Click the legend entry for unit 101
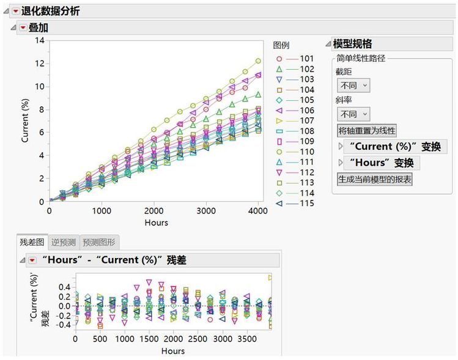(306, 58)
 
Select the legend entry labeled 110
(306, 151)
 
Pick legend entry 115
(306, 203)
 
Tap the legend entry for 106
(306, 110)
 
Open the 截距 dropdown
(355, 86)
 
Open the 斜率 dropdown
(355, 114)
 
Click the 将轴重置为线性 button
(367, 131)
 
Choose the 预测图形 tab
(98, 242)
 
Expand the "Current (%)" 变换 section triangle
(341, 147)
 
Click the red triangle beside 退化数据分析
(15, 11)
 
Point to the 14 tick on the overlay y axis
(40, 40)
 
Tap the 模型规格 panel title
(352, 43)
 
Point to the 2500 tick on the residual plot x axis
(198, 339)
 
